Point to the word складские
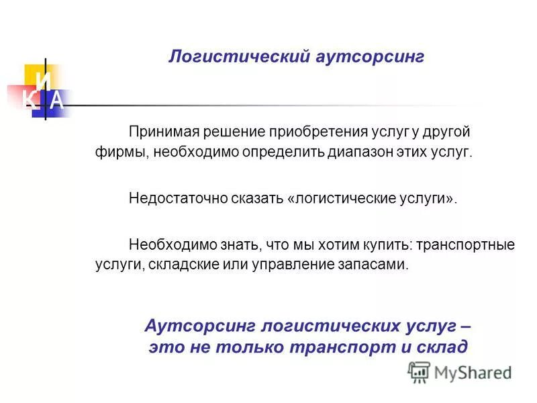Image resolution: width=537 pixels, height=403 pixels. pyautogui.click(x=180, y=265)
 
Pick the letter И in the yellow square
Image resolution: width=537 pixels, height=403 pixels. pyautogui.click(x=44, y=81)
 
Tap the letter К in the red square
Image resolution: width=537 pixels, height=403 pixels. pyautogui.click(x=29, y=101)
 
